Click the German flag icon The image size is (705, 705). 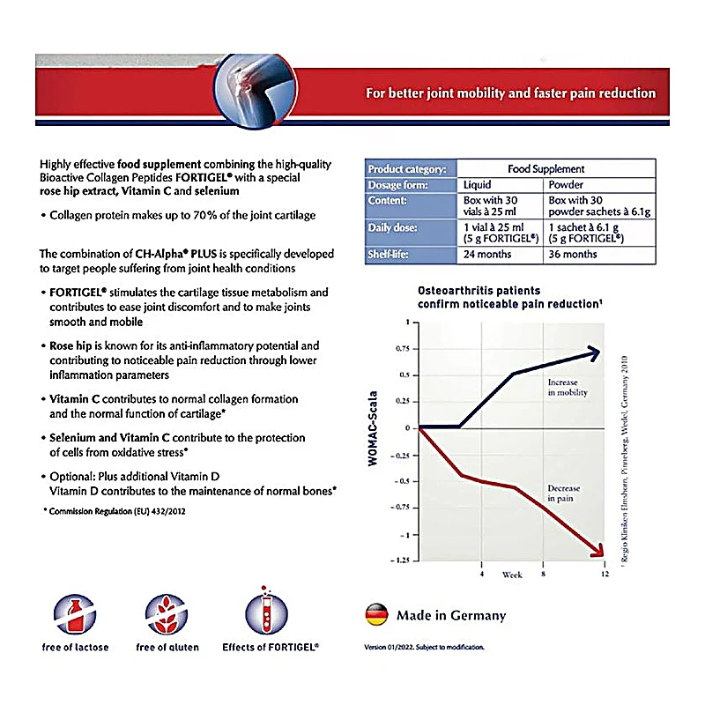(x=376, y=614)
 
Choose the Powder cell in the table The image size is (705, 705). (x=566, y=185)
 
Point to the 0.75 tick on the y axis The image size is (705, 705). (x=403, y=348)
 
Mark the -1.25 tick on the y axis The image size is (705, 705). (x=401, y=561)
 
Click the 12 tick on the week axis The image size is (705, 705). (x=604, y=575)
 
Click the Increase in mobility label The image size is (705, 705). (x=567, y=388)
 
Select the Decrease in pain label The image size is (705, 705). (x=564, y=493)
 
